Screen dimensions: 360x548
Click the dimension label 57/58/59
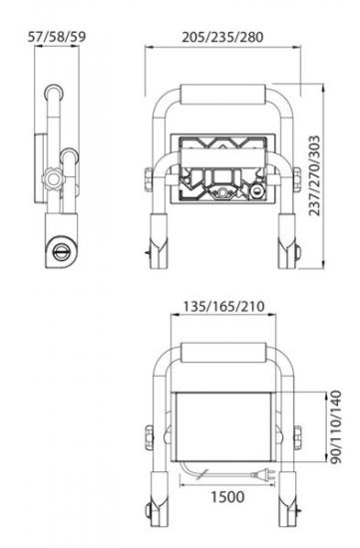click(57, 37)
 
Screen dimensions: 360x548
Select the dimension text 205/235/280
click(222, 37)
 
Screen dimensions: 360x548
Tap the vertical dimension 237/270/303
click(315, 175)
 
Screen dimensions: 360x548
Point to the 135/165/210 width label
click(224, 307)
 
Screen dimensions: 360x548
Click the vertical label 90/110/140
click(336, 427)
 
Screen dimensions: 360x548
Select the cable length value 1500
click(227, 496)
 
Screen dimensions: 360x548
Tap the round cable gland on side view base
click(62, 251)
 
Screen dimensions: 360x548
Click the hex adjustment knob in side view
click(53, 179)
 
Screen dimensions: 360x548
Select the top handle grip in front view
click(222, 95)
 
